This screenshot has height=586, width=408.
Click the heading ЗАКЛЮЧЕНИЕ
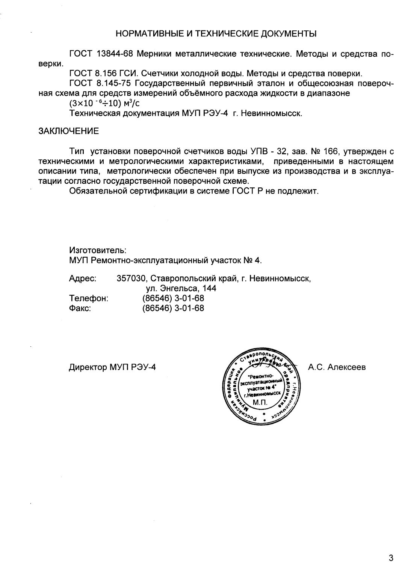pos(69,131)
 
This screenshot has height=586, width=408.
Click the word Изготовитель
pos(97,250)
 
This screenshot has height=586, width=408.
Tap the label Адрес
pos(83,279)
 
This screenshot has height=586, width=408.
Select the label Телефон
pos(89,299)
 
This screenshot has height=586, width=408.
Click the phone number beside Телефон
pos(173,299)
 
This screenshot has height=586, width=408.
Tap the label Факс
pos(80,308)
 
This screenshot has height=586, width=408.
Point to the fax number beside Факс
pos(173,308)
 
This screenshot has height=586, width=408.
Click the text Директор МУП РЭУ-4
pos(112,367)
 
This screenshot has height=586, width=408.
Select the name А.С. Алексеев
pos(337,367)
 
